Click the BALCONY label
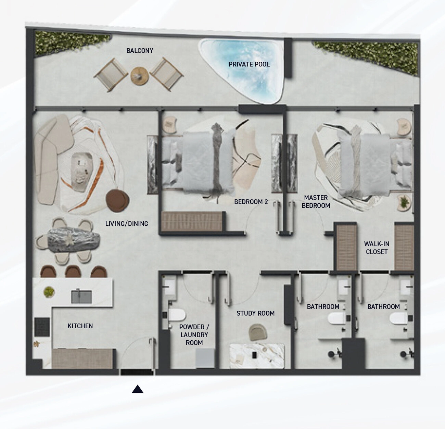140,51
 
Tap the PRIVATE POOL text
249,64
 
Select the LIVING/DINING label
127,224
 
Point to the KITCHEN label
80,326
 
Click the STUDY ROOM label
255,313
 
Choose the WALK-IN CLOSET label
377,248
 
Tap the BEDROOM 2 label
251,202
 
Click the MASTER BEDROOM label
316,201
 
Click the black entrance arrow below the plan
137,389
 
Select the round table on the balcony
140,76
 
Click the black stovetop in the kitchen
42,327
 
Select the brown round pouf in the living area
117,201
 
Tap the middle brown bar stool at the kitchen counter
73,271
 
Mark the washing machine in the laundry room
205,358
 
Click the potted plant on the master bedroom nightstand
405,202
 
